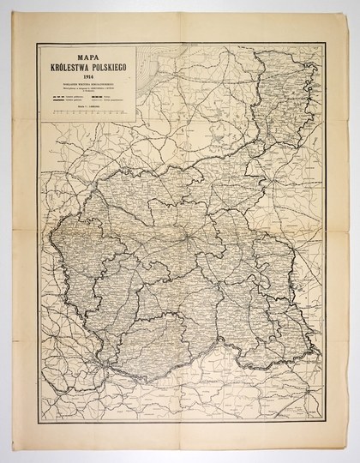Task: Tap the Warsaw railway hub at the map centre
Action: pos(183,232)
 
